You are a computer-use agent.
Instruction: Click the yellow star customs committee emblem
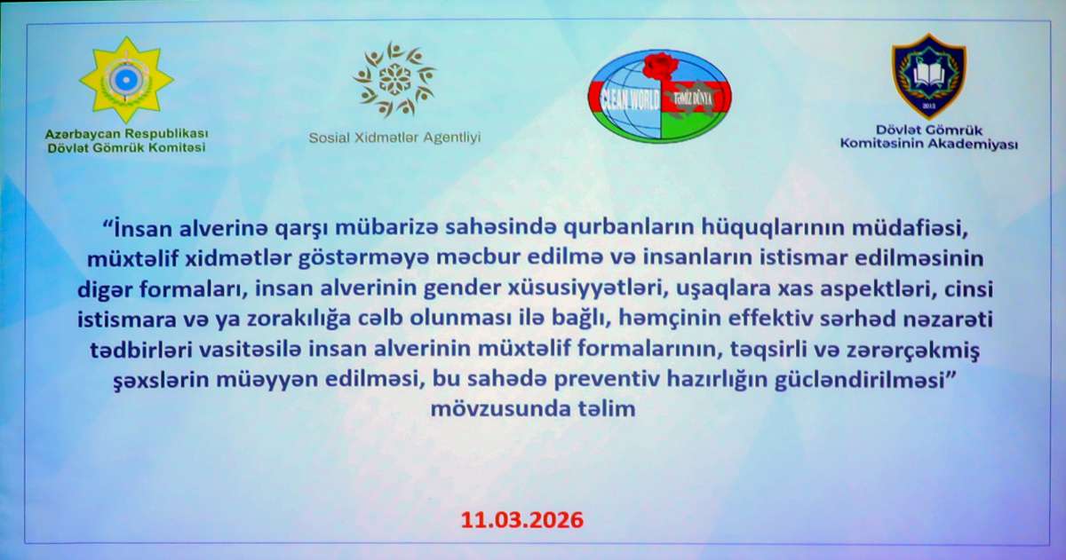(126, 80)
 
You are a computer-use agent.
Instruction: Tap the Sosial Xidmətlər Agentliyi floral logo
(394, 79)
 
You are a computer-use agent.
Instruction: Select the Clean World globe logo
(659, 97)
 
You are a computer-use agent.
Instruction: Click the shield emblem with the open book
(929, 75)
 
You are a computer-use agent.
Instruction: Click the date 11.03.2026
(522, 520)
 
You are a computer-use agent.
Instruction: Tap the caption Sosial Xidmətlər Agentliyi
(394, 138)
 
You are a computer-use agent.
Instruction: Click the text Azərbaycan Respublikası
(126, 134)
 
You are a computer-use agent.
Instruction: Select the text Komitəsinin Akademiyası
(929, 144)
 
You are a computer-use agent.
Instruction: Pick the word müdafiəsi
(911, 228)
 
